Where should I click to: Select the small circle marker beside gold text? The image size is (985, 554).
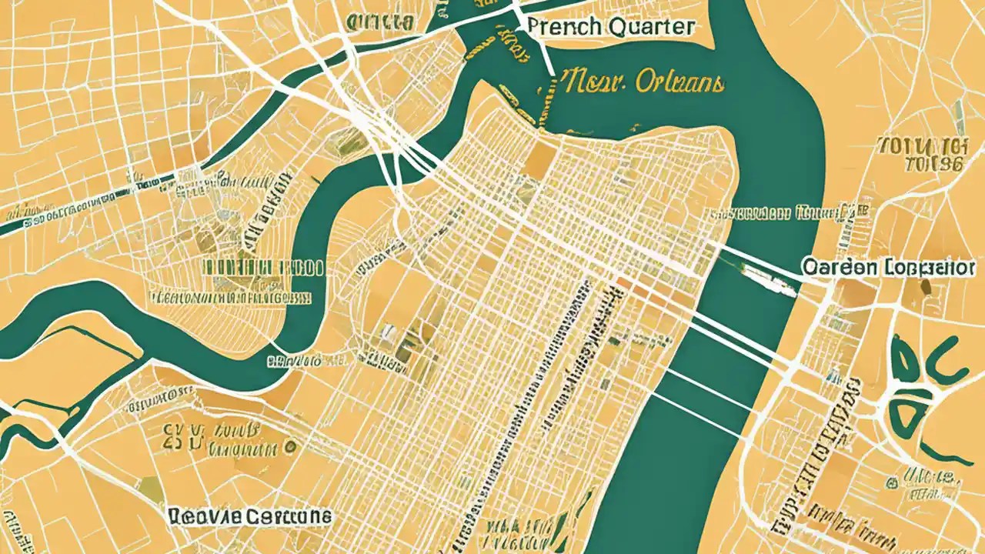(290, 446)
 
